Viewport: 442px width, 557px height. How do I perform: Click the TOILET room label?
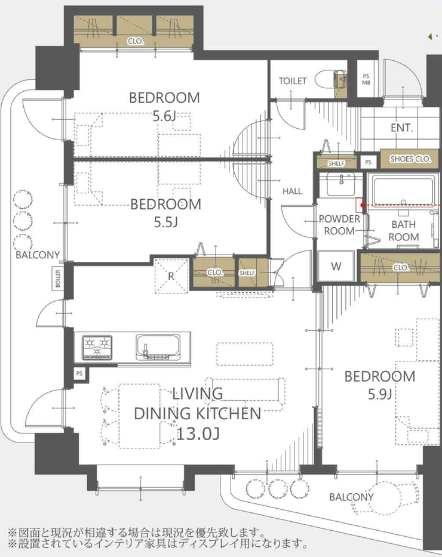tap(293, 81)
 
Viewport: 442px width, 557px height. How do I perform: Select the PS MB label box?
tap(366, 79)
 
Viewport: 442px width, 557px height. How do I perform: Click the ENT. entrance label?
tap(402, 128)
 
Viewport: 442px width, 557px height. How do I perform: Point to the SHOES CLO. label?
tap(410, 159)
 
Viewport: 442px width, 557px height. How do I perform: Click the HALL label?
tap(292, 191)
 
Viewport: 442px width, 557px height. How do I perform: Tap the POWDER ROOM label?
tap(339, 225)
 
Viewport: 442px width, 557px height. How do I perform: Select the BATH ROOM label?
tap(404, 231)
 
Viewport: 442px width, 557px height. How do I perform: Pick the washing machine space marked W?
tap(336, 266)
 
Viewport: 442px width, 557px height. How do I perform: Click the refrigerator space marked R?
tap(171, 276)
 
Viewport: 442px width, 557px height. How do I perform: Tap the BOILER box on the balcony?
tap(58, 278)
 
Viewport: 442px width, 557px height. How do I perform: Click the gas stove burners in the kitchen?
tap(97, 347)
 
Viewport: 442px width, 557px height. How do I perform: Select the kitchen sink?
tap(158, 347)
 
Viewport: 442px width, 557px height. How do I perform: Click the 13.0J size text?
tap(198, 434)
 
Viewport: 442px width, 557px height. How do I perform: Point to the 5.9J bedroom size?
tap(380, 394)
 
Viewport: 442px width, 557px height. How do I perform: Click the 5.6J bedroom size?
tap(164, 116)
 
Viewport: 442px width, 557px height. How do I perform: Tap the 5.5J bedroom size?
tap(166, 222)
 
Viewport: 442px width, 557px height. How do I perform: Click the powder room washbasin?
tap(340, 184)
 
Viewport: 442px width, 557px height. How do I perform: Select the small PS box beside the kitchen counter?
tap(79, 373)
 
